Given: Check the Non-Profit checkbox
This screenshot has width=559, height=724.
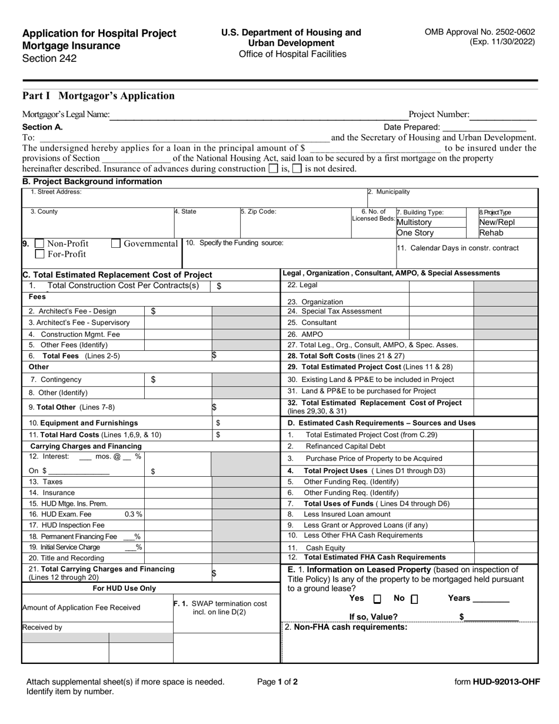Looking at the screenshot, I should pos(39,244).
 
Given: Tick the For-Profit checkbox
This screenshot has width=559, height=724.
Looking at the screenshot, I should pos(39,254).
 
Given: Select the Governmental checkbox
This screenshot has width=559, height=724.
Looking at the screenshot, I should pos(116,244).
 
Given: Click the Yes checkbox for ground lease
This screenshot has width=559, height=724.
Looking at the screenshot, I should pos(377,599).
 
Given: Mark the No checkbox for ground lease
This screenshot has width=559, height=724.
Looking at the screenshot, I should pos(414,599).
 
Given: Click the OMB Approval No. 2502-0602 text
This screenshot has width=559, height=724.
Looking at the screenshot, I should pos(480,32).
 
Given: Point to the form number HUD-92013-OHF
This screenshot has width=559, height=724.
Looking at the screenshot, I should pos(497,682).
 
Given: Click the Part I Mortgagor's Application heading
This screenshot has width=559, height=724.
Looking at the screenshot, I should pos(98,96).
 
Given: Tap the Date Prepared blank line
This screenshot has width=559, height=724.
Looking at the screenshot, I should pos(484,127).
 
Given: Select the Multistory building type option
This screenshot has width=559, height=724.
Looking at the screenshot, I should pos(414,222).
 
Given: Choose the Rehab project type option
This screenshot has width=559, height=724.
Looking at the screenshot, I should pos(491,233).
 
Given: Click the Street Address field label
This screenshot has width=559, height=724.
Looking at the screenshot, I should pos(56,192).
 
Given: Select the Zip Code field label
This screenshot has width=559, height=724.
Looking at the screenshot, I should pos(258,212).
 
